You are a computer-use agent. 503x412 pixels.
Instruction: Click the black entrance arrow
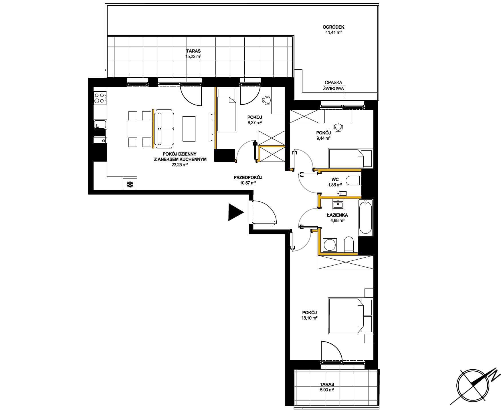pyautogui.click(x=235, y=212)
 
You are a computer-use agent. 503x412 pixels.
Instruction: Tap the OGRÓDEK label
pyautogui.click(x=333, y=27)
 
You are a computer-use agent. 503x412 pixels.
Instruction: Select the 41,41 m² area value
pyautogui.click(x=333, y=33)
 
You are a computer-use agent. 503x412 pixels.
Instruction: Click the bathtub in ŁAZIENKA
pyautogui.click(x=365, y=217)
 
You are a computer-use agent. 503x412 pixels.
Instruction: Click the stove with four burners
pyautogui.click(x=100, y=98)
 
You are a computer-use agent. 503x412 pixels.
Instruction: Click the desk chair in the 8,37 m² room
pyautogui.click(x=267, y=100)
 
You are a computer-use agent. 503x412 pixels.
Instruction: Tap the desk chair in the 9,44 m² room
pyautogui.click(x=338, y=127)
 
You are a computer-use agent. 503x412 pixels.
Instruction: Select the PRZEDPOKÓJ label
pyautogui.click(x=248, y=177)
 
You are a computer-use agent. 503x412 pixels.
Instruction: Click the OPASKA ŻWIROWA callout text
pyautogui.click(x=333, y=85)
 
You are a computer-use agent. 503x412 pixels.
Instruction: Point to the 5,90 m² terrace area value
pyautogui.click(x=327, y=390)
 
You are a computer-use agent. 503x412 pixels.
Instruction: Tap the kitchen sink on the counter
pyautogui.click(x=100, y=125)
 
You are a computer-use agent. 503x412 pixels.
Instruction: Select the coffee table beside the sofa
pyautogui.click(x=189, y=128)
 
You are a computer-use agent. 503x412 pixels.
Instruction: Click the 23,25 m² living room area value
pyautogui.click(x=179, y=165)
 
